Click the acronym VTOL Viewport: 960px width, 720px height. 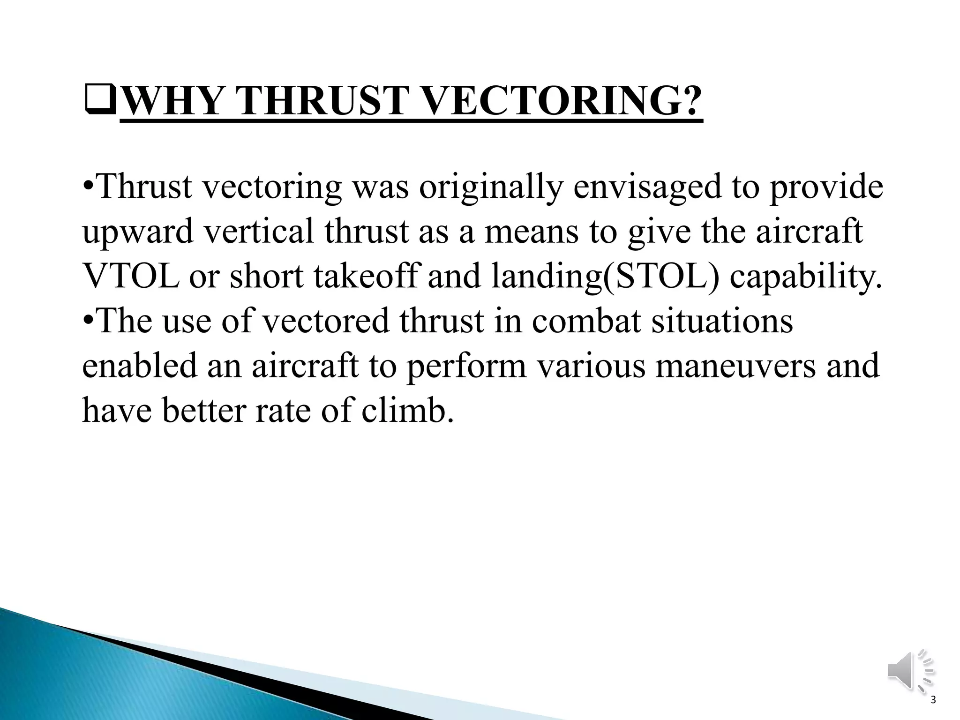coord(130,277)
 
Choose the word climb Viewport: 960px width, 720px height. coord(408,411)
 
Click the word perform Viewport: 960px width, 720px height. coord(466,367)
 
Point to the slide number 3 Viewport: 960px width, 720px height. coord(933,713)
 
